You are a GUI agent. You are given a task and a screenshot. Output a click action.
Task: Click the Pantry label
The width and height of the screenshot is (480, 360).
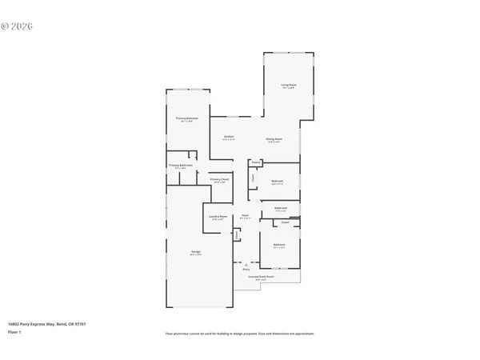click(x=256, y=162)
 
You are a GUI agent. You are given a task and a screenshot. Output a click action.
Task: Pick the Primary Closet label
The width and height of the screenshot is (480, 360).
click(x=220, y=179)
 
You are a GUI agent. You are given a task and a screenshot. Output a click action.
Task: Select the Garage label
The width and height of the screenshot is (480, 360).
click(x=195, y=252)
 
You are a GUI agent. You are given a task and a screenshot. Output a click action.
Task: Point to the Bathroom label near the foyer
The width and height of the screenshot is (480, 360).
click(x=280, y=208)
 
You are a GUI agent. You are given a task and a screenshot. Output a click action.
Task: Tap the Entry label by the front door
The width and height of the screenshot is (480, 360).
click(x=246, y=270)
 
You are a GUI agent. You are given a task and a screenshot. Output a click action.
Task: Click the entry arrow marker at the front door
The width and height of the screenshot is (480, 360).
click(x=246, y=264)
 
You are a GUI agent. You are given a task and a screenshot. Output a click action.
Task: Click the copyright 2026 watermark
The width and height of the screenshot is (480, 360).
click(x=17, y=26)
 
